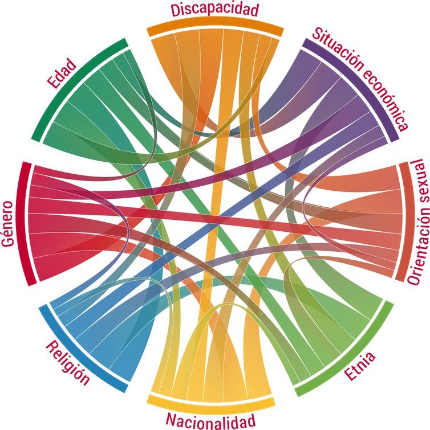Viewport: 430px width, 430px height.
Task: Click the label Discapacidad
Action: [x=214, y=10]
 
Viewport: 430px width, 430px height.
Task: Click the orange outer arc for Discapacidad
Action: [x=215, y=28]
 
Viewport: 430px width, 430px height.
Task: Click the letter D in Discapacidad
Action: [x=175, y=11]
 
